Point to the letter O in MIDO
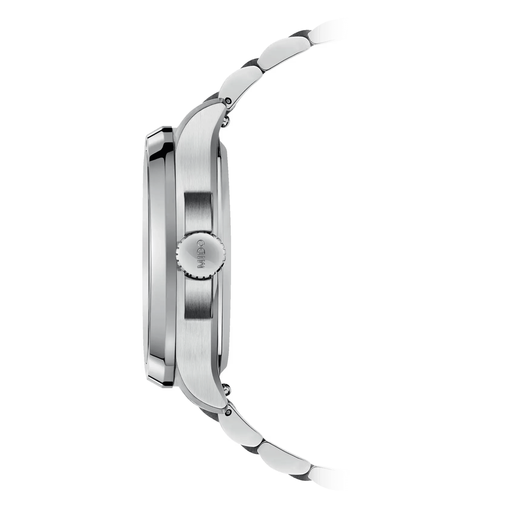click(x=201, y=245)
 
